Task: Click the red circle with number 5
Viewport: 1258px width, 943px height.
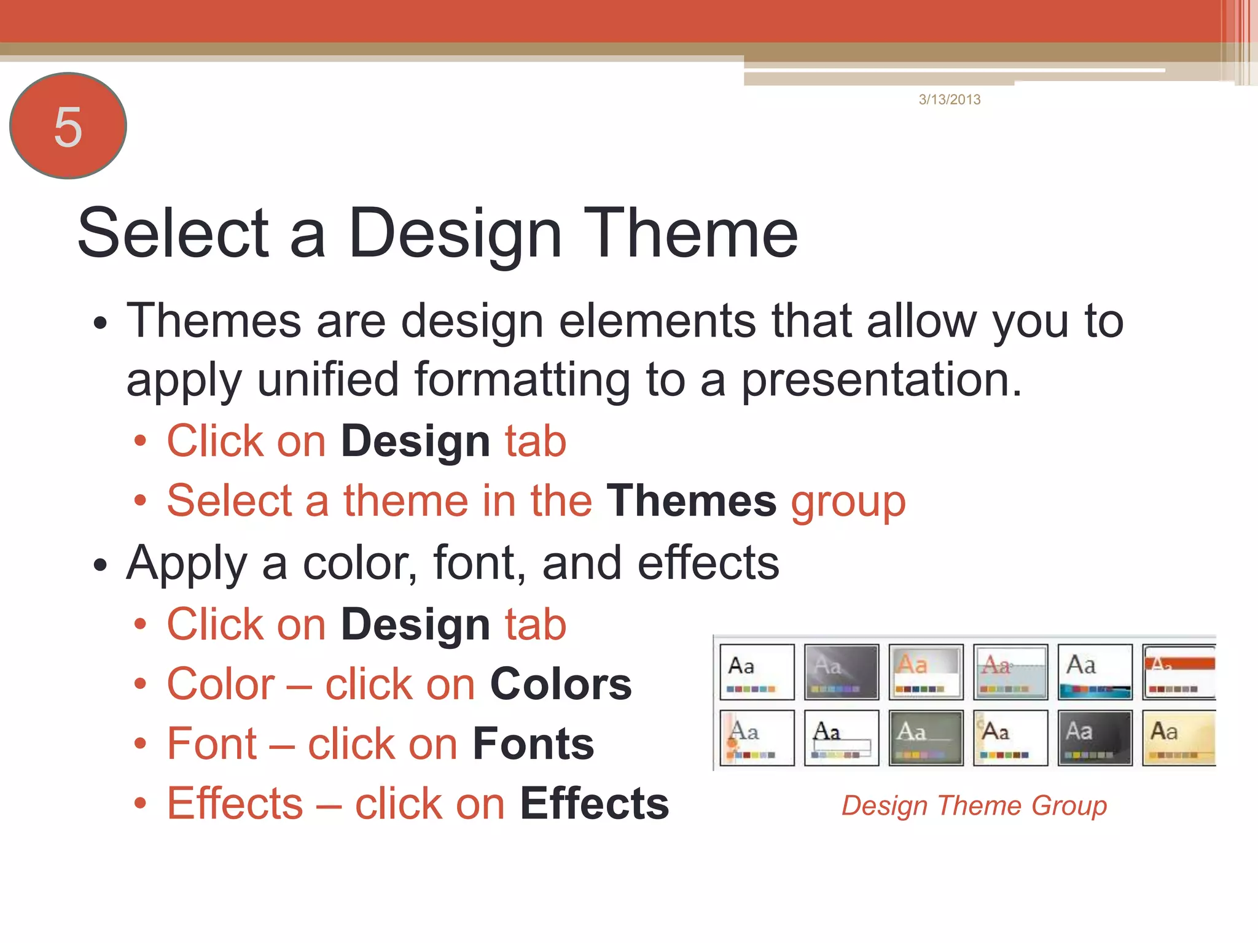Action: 68,126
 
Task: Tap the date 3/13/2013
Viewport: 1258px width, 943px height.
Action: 950,99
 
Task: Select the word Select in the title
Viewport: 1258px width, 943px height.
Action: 174,233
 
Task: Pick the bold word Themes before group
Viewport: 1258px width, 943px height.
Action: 692,500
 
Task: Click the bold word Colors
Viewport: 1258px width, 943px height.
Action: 561,684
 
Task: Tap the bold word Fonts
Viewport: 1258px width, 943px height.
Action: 533,743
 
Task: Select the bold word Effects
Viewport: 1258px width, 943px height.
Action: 595,803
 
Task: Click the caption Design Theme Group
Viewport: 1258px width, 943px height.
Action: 974,805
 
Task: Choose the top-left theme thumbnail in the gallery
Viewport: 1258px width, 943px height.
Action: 757,672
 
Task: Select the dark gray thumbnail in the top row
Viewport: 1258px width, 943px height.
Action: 842,672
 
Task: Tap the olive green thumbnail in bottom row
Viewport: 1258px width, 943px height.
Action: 926,738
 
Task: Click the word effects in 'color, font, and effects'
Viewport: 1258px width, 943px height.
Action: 708,562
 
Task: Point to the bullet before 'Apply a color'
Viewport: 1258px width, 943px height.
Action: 100,565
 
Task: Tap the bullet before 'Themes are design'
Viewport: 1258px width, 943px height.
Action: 100,323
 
